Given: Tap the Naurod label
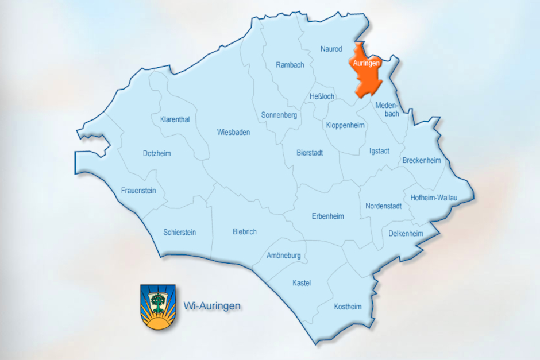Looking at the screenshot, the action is point(331,49).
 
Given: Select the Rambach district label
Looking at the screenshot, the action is point(290,65).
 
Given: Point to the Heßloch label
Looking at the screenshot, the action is point(322,96).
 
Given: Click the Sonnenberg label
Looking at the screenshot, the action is point(279,115).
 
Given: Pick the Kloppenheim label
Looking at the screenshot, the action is point(345,125).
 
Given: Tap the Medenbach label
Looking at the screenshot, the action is point(387,110).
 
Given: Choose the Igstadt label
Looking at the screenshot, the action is point(379,152).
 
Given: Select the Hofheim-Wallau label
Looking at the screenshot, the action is point(434,198).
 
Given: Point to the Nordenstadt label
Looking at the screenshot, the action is point(383,206).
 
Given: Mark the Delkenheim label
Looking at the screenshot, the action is point(406,234).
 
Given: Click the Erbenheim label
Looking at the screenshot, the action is point(327,216).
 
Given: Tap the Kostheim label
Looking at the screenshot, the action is point(348,307).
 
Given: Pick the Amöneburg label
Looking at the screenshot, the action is point(284,256).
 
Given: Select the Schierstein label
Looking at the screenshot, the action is point(179,233).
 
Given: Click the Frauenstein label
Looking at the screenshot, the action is point(138,191).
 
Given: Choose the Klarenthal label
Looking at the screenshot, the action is point(175,119).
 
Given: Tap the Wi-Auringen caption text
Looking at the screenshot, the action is point(211,306).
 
